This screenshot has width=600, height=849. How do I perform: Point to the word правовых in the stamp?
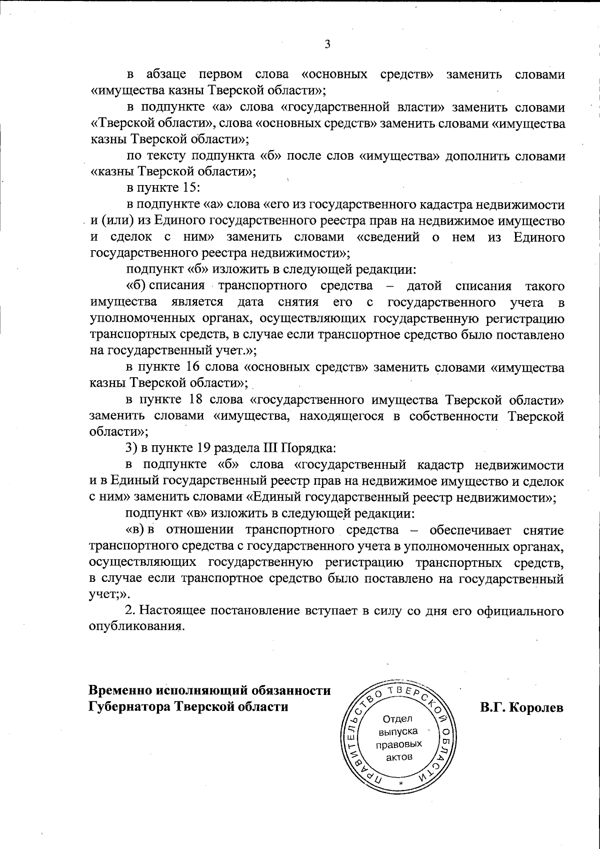pos(398,744)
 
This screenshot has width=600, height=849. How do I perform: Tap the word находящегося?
pos(342,416)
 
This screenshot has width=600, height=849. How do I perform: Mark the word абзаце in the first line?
pos(166,75)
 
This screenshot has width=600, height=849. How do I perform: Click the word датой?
pos(424,287)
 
